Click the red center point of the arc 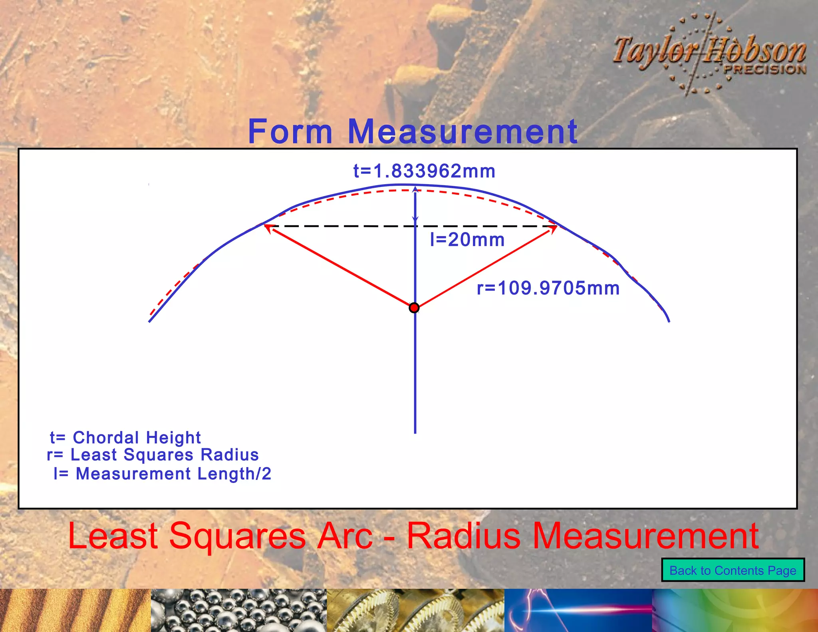pos(414,308)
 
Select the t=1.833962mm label pos(424,171)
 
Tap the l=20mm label pos(467,240)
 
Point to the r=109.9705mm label pos(548,288)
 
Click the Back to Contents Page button pos(733,570)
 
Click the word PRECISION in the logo pos(765,70)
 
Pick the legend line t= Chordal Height pos(125,437)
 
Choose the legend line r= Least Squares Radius pos(153,455)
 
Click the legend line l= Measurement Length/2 pos(163,474)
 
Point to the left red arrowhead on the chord pos(268,228)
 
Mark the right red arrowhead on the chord pos(553,229)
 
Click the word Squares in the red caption pos(238,536)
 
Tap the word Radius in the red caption pos(463,536)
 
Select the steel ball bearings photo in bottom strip pos(238,610)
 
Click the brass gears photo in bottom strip pos(415,610)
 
